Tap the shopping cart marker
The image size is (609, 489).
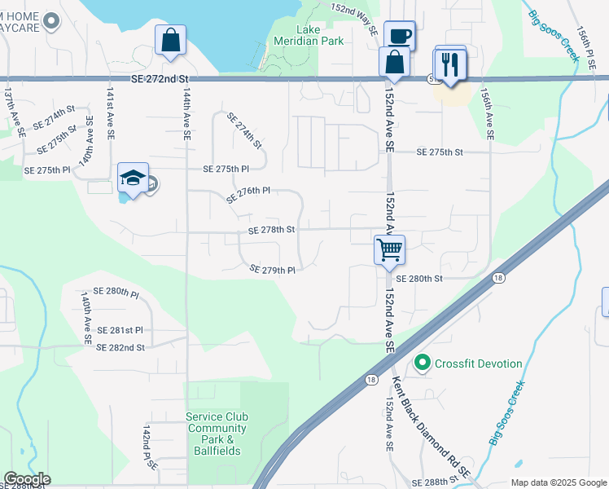click(390, 249)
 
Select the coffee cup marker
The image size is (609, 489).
click(399, 37)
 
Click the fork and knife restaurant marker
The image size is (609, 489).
click(450, 64)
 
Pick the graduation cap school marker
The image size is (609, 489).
click(133, 178)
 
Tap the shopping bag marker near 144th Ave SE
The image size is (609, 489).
click(170, 40)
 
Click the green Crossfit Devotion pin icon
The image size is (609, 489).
click(422, 363)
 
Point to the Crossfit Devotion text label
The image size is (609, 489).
click(479, 363)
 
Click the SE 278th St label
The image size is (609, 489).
click(271, 231)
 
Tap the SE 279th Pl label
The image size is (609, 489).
click(272, 270)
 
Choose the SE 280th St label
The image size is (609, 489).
click(419, 279)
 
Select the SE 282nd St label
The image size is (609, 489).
click(120, 347)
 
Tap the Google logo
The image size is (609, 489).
click(27, 479)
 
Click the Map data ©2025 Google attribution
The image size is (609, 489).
click(559, 482)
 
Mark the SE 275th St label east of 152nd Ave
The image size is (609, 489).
click(440, 152)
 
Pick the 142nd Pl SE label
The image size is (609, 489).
click(149, 446)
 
